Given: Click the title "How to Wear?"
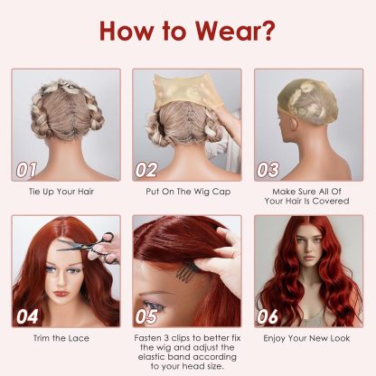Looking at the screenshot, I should [x=187, y=31].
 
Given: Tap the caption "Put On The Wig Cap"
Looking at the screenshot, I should [x=186, y=192].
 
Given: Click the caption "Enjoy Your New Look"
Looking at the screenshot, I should [x=307, y=339].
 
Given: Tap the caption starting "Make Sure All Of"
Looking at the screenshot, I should [x=307, y=197].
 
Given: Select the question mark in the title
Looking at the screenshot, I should [x=267, y=31].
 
